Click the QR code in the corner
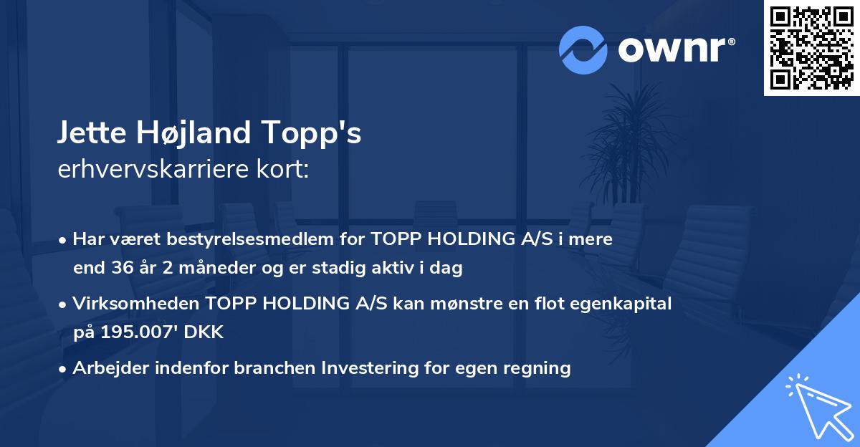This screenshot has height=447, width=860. pos(811,48)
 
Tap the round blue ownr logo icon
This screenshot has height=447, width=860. pos(583,49)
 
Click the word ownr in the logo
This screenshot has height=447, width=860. pos(675,49)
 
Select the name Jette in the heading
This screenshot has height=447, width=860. pos(88,134)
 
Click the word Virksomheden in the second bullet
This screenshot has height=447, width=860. pos(128,304)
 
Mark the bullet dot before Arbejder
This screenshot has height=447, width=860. pos(64,369)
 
